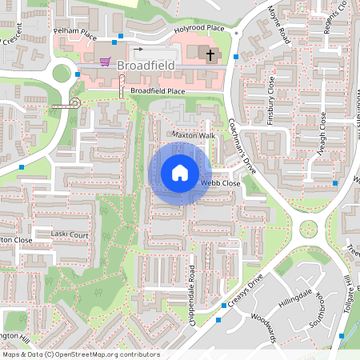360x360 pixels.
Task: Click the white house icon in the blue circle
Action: click(x=180, y=173)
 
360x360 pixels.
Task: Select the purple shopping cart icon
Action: click(x=105, y=62)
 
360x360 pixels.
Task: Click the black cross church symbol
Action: click(x=211, y=55)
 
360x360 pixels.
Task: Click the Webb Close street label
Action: click(x=220, y=183)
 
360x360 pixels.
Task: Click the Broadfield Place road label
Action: click(x=158, y=91)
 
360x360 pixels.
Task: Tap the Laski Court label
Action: click(x=70, y=235)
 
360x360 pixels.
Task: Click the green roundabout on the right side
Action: click(x=309, y=230)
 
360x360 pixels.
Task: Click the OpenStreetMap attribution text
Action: click(x=81, y=354)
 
